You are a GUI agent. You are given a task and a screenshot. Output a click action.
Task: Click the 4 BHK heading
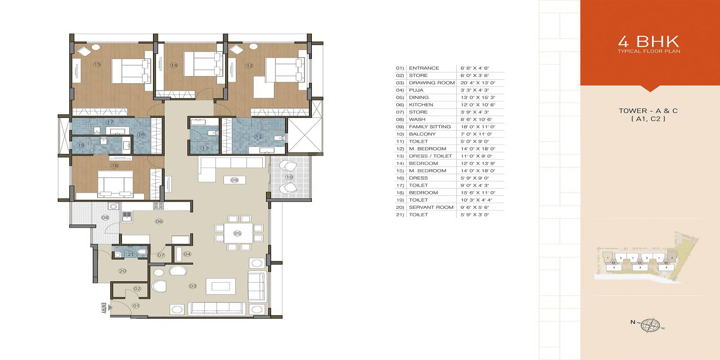648,41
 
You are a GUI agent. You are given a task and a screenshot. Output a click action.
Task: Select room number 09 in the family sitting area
234,180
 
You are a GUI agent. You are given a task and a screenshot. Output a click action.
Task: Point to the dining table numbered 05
238,233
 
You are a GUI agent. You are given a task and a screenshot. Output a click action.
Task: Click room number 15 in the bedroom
97,64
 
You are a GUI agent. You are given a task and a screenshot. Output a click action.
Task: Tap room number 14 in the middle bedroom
174,65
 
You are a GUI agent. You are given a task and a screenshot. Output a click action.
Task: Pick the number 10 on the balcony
289,177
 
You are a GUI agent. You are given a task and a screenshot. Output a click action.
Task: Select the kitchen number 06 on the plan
159,221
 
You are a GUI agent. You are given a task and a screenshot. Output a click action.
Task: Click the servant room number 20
122,271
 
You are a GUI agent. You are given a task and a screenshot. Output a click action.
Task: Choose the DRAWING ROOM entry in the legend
432,83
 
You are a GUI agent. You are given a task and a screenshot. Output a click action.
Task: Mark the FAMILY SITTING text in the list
429,127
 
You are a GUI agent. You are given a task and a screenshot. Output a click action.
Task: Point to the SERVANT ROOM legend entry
431,207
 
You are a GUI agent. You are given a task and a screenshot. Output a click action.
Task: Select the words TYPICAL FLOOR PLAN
648,51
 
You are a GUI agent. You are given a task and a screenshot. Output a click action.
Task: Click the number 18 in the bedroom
114,166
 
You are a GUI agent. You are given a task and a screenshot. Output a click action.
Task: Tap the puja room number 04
187,254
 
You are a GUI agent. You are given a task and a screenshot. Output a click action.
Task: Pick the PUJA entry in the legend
416,90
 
